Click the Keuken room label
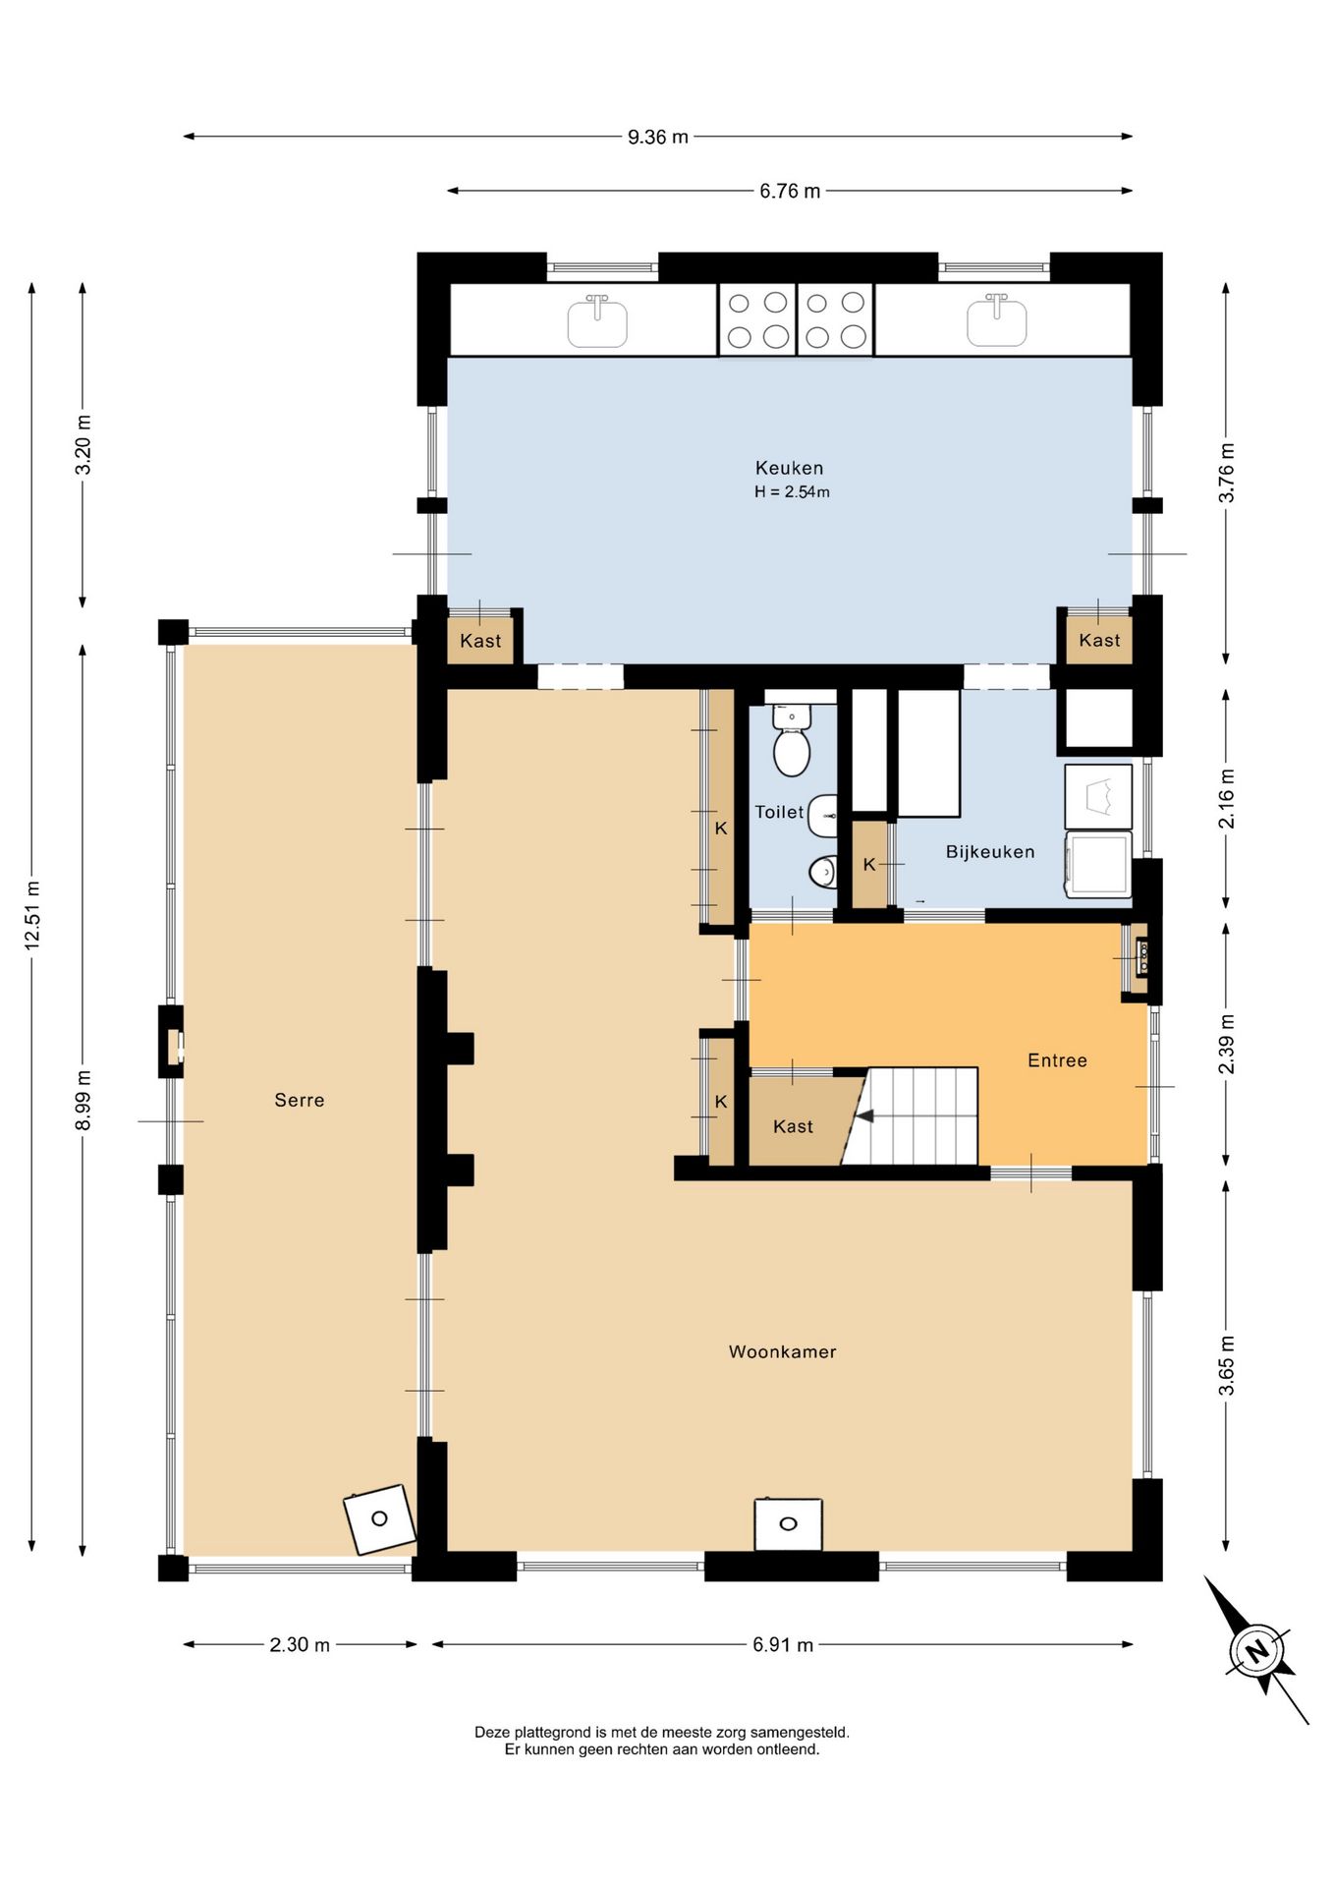point(789,468)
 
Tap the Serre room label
point(300,1100)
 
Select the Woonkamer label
point(783,1351)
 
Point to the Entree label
point(1057,1059)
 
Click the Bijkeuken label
point(990,851)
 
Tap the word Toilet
point(779,812)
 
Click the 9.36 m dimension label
point(658,137)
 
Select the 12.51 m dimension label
point(32,914)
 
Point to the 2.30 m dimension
point(300,1644)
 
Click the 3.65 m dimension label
point(1226,1365)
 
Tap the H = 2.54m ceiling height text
point(792,491)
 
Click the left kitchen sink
point(597,320)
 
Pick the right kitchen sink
point(997,320)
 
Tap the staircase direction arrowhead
point(864,1115)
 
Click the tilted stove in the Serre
point(379,1519)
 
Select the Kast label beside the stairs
point(793,1126)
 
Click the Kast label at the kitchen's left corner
point(480,641)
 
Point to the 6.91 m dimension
point(783,1644)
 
